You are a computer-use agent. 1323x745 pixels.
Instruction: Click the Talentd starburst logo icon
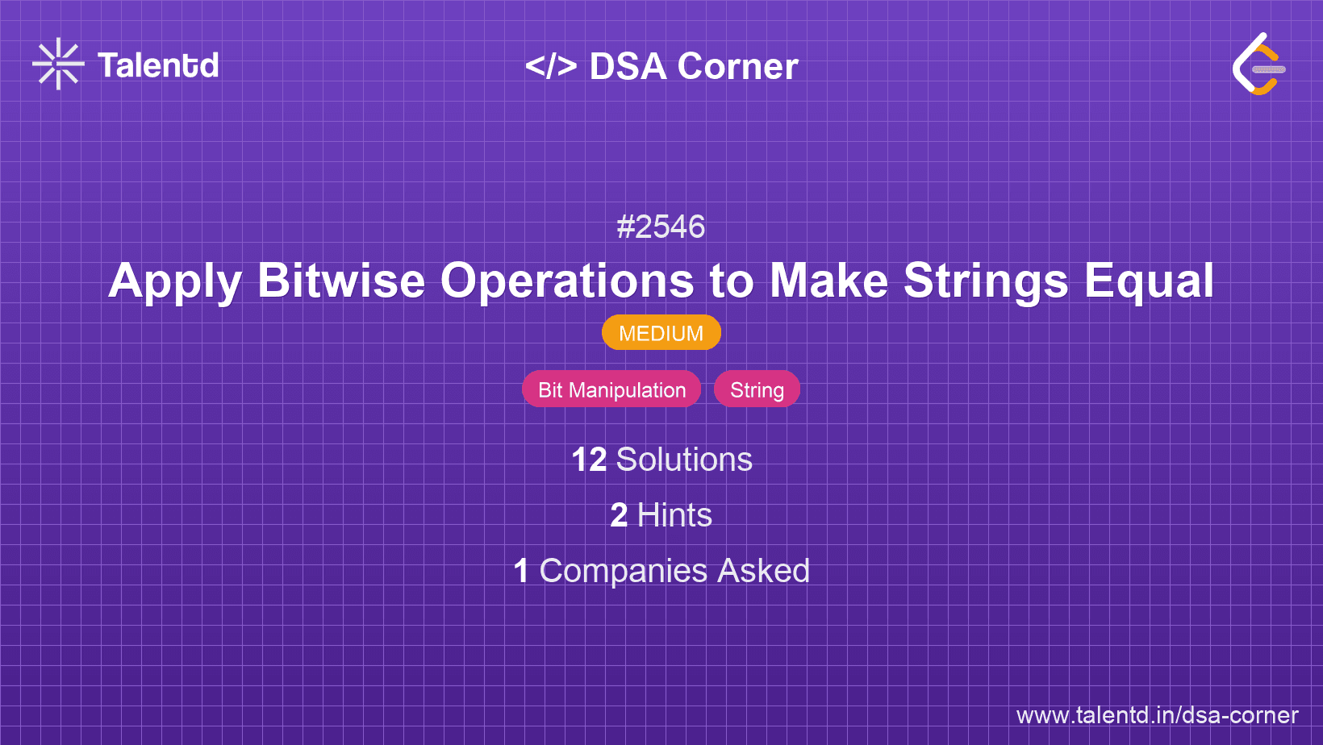coord(58,64)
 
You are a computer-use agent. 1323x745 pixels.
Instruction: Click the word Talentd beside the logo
coord(158,65)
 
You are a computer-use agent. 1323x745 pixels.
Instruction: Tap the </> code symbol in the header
coord(551,66)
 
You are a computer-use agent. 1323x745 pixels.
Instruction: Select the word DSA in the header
coord(628,66)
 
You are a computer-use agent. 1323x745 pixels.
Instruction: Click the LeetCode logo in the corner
coord(1258,65)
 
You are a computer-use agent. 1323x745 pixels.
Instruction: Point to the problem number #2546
coord(661,227)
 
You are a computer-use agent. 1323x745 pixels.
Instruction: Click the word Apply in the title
coord(175,281)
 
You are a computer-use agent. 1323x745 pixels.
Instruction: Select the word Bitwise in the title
coord(340,281)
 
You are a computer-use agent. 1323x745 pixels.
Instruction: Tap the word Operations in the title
coord(566,281)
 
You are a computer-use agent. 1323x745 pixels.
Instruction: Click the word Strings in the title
coord(986,281)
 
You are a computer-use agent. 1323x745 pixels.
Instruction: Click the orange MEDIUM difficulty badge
coord(661,333)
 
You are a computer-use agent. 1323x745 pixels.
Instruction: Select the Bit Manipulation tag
coord(611,389)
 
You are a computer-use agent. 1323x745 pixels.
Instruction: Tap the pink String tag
coord(757,389)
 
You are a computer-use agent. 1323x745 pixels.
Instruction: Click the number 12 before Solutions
coord(589,460)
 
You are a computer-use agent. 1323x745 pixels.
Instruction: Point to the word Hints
coord(674,515)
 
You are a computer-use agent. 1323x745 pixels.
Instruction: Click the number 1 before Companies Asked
coord(521,571)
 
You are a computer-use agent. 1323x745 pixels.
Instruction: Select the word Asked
coord(763,571)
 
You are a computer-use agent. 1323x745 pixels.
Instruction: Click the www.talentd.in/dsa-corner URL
coord(1157,715)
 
